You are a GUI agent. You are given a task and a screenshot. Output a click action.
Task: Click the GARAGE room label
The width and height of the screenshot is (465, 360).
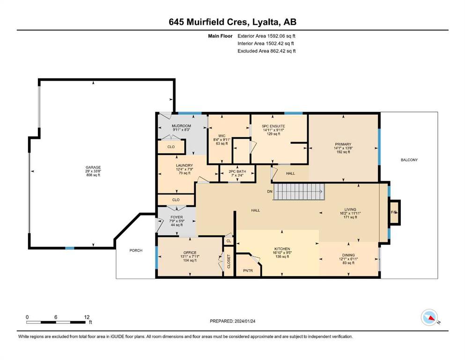[x=93, y=167]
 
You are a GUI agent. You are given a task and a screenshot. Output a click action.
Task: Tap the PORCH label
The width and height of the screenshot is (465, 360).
[x=136, y=250]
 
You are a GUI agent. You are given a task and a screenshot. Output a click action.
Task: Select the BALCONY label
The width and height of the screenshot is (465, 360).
[x=409, y=160]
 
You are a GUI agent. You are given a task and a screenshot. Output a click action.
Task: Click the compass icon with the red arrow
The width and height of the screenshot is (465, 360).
[x=429, y=317]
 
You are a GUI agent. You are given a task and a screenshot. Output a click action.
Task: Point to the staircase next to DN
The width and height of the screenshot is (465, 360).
[x=299, y=192]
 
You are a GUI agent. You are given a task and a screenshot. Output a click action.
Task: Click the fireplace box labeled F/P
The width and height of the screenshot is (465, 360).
[x=394, y=212]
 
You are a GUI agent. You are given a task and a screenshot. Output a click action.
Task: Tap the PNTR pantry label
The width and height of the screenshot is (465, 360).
[x=248, y=270]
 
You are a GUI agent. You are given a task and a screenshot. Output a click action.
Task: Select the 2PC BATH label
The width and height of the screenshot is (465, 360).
[x=237, y=172]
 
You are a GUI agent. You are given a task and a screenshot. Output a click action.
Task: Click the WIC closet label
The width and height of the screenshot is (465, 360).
[x=222, y=136]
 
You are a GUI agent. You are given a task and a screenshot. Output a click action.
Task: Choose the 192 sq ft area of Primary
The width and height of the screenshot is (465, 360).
[x=343, y=152]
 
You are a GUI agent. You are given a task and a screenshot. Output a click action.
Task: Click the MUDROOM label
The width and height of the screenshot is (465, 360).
[x=182, y=126]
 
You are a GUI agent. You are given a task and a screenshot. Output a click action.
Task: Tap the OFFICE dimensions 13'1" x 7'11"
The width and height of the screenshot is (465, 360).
[x=190, y=257]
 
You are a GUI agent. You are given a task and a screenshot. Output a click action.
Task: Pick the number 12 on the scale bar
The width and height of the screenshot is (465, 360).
[x=87, y=317]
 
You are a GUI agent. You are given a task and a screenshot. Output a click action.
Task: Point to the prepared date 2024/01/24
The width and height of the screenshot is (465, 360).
[x=244, y=321]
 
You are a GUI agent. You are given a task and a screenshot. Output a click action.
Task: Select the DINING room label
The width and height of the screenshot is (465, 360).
[x=348, y=255]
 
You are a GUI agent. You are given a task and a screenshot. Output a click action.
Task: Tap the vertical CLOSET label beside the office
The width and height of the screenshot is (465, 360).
[x=229, y=262]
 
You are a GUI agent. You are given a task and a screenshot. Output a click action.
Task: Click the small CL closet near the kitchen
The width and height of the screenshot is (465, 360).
[x=229, y=241]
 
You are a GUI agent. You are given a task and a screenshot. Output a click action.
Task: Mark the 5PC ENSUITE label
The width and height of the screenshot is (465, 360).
[x=273, y=126]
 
